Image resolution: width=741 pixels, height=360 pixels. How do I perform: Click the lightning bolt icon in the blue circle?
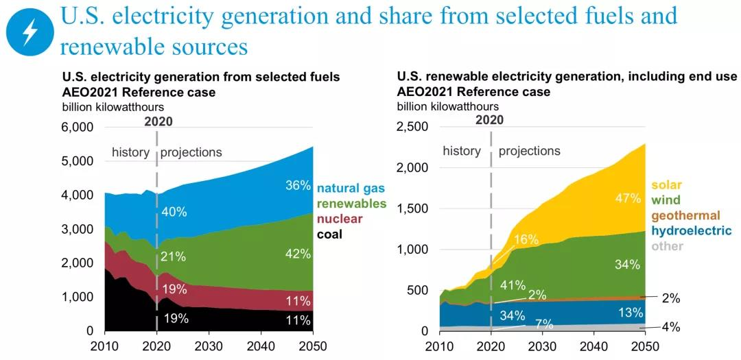pos(30,32)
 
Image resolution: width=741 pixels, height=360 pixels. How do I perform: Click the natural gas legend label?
pos(351,187)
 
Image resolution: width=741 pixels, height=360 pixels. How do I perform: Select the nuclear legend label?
pos(340,219)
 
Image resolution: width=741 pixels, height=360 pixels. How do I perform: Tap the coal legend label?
pos(329,235)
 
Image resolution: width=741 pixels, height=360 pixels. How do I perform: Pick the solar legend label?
pos(667,185)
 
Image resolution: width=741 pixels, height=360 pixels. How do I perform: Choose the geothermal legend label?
pos(685,215)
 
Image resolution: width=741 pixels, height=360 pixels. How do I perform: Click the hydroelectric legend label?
pos(691,231)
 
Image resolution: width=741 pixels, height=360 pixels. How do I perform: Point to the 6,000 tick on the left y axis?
pos(78,128)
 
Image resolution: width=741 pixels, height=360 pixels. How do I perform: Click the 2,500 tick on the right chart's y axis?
pos(412,128)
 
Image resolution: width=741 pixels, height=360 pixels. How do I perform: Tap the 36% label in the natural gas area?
pos(298,185)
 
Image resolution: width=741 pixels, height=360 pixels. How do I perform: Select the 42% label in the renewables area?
pos(298,254)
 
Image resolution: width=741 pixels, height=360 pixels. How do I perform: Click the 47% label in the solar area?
pos(627,199)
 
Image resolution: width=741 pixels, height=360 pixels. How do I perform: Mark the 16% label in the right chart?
pos(526,239)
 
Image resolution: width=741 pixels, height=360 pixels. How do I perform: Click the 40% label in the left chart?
pos(174,212)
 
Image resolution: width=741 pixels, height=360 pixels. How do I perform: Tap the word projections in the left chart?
pos(191,152)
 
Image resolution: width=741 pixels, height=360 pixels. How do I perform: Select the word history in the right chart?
pos(462,151)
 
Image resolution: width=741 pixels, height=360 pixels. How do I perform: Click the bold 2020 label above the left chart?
pos(158,122)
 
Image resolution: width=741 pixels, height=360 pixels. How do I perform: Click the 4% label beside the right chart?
pos(670,328)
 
